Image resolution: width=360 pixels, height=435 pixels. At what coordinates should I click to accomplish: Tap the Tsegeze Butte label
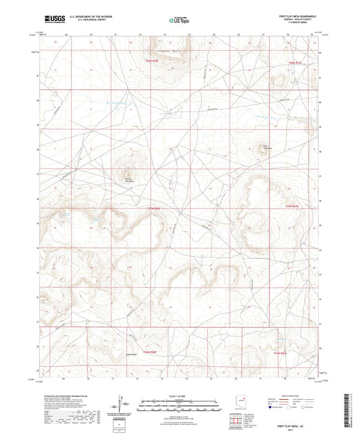168,49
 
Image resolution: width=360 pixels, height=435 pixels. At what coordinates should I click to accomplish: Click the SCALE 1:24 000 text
179,394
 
